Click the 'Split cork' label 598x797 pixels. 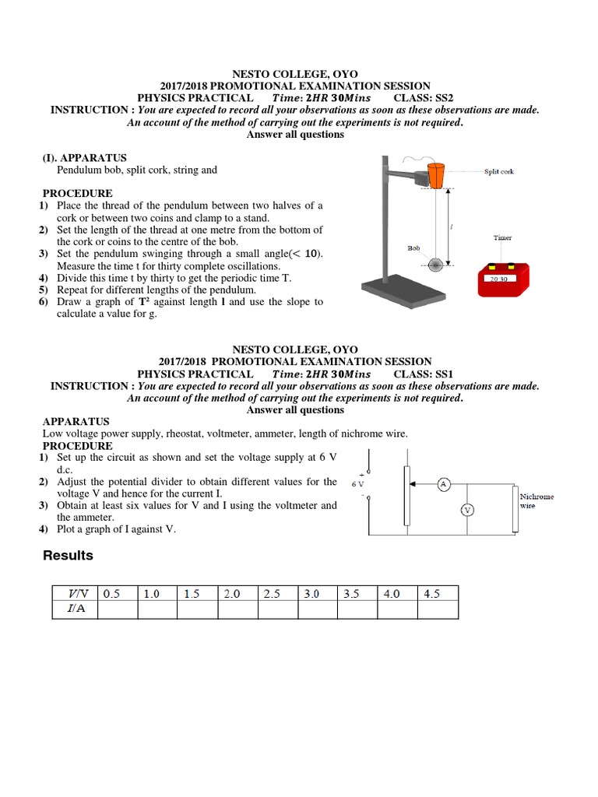click(x=498, y=171)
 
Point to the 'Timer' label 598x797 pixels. click(x=502, y=238)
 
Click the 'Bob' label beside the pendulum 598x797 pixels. click(x=413, y=248)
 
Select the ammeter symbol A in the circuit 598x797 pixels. click(x=443, y=485)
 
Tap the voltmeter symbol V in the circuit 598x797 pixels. click(x=467, y=510)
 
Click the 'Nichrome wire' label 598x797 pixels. click(x=536, y=500)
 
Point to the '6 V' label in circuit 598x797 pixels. click(x=358, y=483)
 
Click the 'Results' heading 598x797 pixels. click(x=68, y=556)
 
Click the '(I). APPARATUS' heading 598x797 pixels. click(x=84, y=157)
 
